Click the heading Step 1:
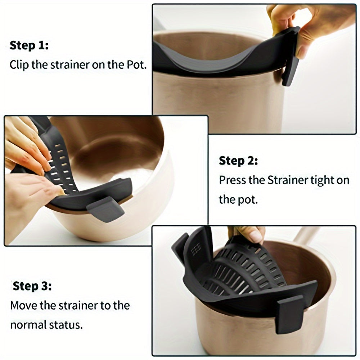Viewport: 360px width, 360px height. click(29, 46)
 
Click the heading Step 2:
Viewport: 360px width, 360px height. click(238, 161)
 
